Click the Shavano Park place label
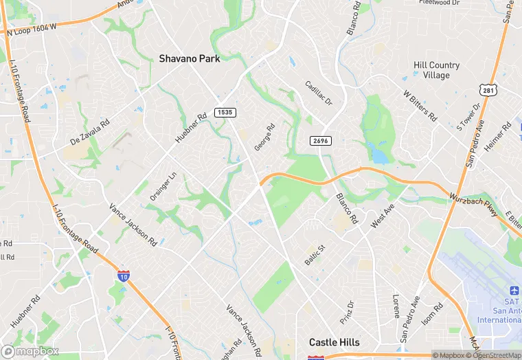tap(190, 59)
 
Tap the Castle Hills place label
tap(334, 342)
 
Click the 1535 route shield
tap(223, 112)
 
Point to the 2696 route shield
tap(320, 140)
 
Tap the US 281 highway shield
tap(488, 91)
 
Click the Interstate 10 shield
tap(123, 276)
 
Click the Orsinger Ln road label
tap(163, 186)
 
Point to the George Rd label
tap(264, 137)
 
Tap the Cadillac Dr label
tap(319, 93)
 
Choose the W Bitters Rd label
tap(420, 105)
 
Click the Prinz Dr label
tap(347, 313)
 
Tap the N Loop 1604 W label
tap(31, 29)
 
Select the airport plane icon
tap(514, 293)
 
